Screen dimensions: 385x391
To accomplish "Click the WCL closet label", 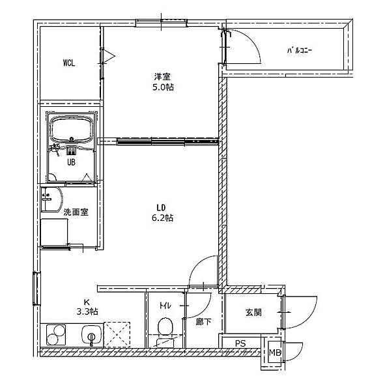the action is coord(69,63).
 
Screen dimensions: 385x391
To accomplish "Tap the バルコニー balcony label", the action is coord(299,51).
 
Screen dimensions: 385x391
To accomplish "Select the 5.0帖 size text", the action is coord(163,87).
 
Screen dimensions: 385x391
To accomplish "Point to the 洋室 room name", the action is coord(162,76).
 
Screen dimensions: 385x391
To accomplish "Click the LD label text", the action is coord(162,207).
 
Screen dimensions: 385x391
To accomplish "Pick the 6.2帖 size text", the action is coord(162,218).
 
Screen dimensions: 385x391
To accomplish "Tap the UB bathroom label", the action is coord(71,162).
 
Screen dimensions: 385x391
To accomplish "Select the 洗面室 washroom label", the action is coord(76,212).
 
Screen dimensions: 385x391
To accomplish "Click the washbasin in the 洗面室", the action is coord(51,199).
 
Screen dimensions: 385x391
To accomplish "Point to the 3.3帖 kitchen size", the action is coord(87,311).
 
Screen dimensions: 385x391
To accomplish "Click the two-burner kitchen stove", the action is coord(56,335).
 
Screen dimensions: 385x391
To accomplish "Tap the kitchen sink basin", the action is coord(92,335).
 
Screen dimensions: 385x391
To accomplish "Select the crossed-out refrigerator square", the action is coord(117,335).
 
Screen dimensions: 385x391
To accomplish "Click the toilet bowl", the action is coord(165,326).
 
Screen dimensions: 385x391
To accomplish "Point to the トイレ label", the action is coord(165,306).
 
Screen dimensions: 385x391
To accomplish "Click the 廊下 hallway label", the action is coord(203,322).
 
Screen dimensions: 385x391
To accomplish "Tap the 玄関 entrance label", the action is coord(253,312).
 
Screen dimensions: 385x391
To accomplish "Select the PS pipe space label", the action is coord(240,343).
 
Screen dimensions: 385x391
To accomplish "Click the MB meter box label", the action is coord(276,353).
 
